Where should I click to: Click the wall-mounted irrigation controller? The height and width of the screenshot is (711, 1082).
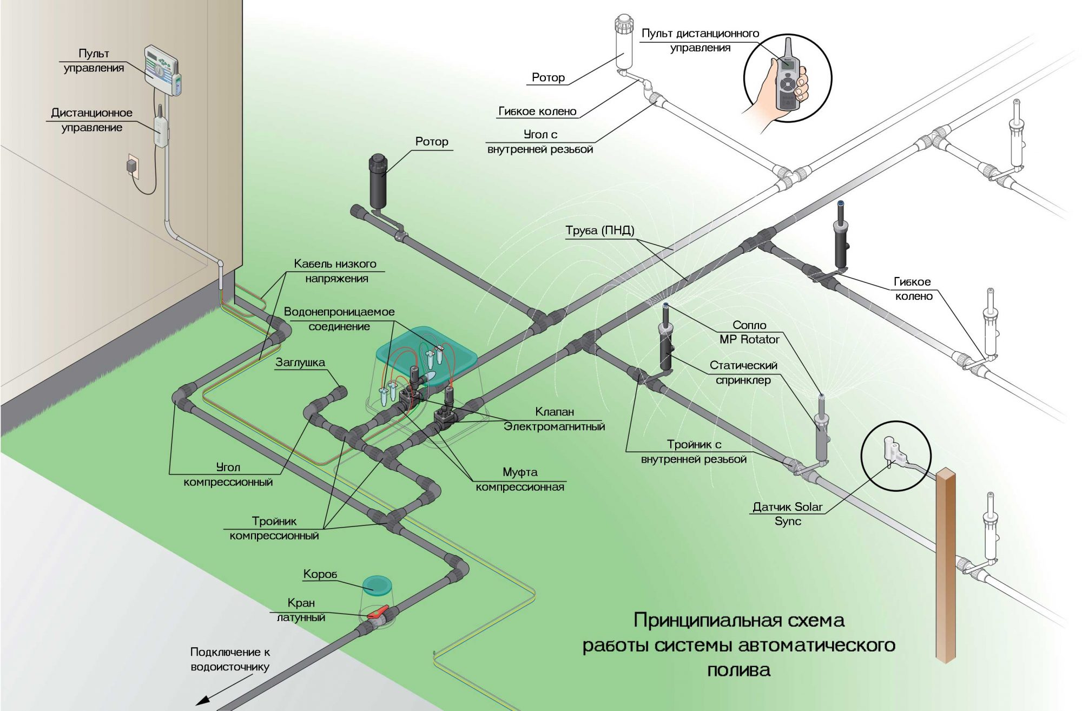(x=161, y=70)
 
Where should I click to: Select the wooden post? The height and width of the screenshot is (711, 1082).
(x=946, y=565)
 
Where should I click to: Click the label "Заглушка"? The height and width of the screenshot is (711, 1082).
(x=300, y=363)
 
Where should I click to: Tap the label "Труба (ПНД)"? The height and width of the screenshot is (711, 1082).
(x=600, y=231)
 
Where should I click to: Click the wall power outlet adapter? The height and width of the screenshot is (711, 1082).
(x=131, y=165)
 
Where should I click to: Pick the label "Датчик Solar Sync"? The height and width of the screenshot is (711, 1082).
(x=787, y=514)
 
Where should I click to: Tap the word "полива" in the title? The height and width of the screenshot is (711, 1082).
(x=738, y=670)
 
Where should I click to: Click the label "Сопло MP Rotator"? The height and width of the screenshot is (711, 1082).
(x=749, y=332)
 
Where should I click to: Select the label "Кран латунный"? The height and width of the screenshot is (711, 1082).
(x=301, y=610)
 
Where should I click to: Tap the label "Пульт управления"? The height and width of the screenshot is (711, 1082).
(x=94, y=61)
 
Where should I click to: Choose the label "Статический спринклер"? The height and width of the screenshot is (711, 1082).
(x=743, y=373)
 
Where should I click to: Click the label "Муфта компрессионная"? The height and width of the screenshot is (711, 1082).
(x=520, y=479)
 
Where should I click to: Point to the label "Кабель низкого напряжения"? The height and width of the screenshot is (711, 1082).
(x=335, y=271)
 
